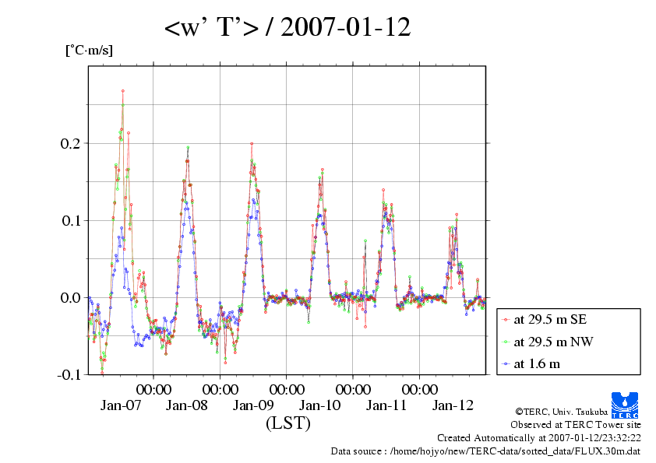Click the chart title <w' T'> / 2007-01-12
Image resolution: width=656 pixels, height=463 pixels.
point(287,29)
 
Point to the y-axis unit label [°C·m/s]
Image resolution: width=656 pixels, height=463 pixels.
point(89,51)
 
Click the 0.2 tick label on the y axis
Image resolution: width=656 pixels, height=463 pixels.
point(69,144)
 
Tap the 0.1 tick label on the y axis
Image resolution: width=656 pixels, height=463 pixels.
point(69,221)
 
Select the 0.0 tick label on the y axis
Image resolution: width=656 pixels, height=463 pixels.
point(69,298)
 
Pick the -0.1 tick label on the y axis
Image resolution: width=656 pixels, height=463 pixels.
point(68,375)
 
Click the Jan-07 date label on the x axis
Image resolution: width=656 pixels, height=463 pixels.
point(121,405)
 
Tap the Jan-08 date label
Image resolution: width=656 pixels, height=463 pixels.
point(187,405)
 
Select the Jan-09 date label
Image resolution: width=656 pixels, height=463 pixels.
point(254,405)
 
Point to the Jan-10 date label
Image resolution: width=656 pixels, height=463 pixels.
point(320,405)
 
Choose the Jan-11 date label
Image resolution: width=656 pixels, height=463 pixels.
point(387,405)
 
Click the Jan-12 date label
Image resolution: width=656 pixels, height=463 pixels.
point(453,405)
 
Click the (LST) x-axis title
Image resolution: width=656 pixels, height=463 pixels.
point(288,423)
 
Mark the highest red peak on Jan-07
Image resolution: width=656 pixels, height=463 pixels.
point(123,91)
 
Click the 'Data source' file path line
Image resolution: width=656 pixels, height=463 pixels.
point(486,451)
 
